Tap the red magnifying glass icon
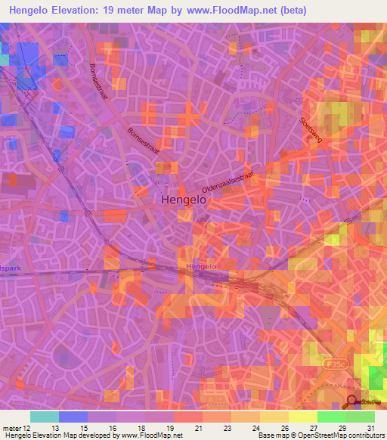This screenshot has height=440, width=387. (352, 402)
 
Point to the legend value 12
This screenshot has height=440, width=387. (27, 429)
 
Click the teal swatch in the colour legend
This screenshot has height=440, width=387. (44, 417)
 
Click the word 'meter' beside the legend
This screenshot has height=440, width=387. (11, 429)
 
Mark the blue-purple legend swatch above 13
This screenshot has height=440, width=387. (73, 417)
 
